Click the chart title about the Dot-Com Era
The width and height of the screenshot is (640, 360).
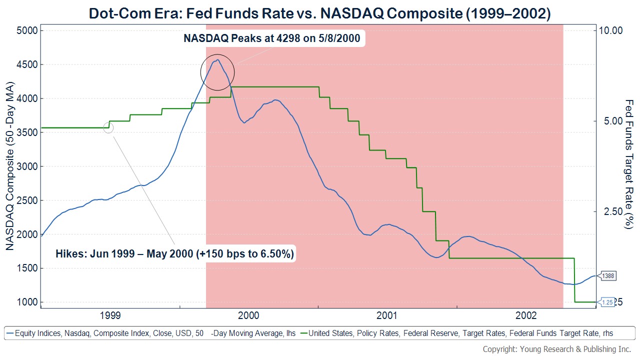[320, 13]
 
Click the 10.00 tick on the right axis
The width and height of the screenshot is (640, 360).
[610, 30]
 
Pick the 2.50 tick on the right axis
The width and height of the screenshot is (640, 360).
[610, 211]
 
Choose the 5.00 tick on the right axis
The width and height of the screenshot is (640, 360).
[610, 121]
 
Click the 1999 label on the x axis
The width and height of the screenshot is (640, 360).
[109, 315]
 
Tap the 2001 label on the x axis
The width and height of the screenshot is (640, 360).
[387, 315]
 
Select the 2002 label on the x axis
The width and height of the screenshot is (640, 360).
[526, 315]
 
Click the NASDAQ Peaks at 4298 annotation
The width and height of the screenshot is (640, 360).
[272, 38]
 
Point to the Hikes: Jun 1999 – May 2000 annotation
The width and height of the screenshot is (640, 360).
[174, 253]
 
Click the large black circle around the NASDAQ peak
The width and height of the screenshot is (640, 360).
[217, 71]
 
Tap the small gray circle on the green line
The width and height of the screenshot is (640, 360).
[108, 128]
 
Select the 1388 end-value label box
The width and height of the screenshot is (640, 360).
[608, 276]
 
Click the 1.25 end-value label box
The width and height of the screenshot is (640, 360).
[607, 302]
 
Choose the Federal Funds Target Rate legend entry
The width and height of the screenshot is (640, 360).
[460, 333]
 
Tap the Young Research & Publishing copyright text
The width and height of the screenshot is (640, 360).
[556, 349]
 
